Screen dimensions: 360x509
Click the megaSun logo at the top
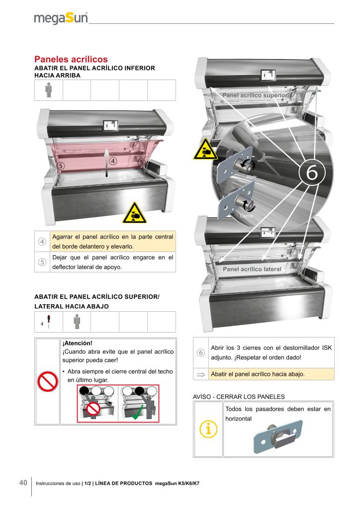pyautogui.click(x=61, y=18)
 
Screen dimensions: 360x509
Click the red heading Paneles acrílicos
pyautogui.click(x=71, y=60)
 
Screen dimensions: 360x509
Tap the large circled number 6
pyautogui.click(x=312, y=172)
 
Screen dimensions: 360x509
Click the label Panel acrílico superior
pyautogui.click(x=255, y=95)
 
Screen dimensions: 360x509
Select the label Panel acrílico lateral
pyautogui.click(x=252, y=269)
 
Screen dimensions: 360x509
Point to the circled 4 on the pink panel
pyautogui.click(x=113, y=161)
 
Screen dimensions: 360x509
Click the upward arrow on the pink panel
pyautogui.click(x=107, y=163)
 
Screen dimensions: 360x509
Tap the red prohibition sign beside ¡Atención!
pyautogui.click(x=48, y=381)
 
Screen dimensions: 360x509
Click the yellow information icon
pyautogui.click(x=208, y=429)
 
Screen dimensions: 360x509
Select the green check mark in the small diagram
pyautogui.click(x=138, y=412)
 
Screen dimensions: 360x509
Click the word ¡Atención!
pyautogui.click(x=77, y=343)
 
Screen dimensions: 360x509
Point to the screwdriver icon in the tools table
pyautogui.click(x=48, y=322)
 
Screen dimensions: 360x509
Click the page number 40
pyautogui.click(x=23, y=483)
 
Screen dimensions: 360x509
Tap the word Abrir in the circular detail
pyautogui.click(x=252, y=177)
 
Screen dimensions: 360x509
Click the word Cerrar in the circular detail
pyautogui.click(x=247, y=216)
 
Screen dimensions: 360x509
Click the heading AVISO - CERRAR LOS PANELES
pyautogui.click(x=239, y=397)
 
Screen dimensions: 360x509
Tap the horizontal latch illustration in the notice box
pyautogui.click(x=278, y=436)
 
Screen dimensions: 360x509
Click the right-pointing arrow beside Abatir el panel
pyautogui.click(x=201, y=375)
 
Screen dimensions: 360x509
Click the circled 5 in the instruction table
pyautogui.click(x=42, y=262)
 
